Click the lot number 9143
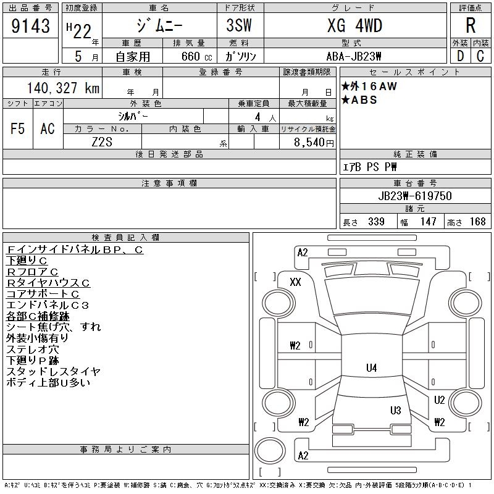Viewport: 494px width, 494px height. (30, 26)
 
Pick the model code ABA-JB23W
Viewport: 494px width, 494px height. (354, 56)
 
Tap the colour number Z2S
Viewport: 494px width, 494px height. (102, 141)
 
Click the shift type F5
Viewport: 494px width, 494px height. (17, 128)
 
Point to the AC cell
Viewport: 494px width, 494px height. (48, 128)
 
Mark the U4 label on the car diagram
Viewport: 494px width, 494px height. (371, 368)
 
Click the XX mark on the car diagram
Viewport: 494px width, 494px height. (295, 282)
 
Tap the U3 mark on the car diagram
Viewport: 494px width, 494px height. (396, 411)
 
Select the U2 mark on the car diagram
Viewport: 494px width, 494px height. (439, 400)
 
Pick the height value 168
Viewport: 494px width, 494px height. (477, 222)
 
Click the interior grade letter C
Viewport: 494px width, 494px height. (480, 56)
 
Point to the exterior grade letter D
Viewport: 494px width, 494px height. (460, 56)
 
